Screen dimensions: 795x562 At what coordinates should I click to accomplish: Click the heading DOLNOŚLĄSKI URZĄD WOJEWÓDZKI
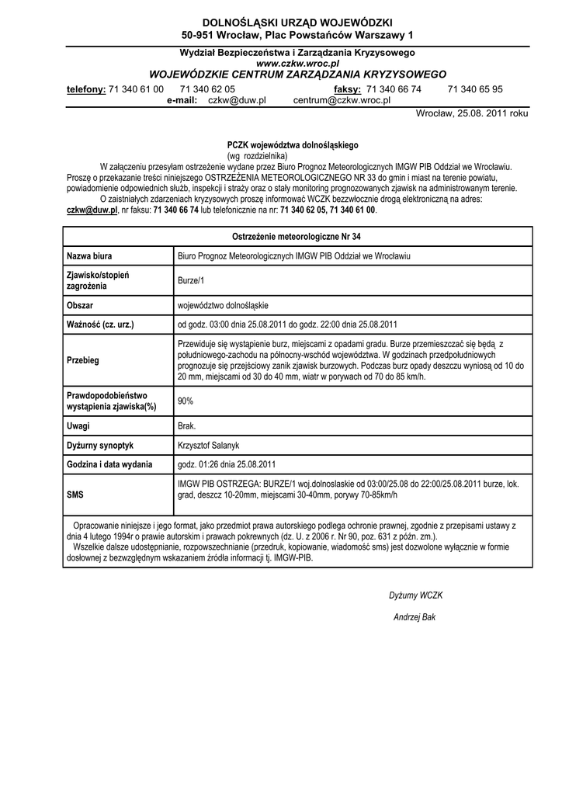click(x=298, y=23)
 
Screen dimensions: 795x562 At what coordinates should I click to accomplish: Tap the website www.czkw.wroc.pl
click(x=298, y=63)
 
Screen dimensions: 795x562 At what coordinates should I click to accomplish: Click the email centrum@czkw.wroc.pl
click(x=342, y=101)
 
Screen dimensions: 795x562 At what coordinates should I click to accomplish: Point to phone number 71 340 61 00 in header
click(x=136, y=89)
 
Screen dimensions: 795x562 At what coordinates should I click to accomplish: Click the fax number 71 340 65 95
click(x=475, y=89)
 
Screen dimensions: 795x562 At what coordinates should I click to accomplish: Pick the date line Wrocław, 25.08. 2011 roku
click(x=472, y=113)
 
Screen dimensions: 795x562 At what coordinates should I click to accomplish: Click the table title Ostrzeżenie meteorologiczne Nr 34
click(x=297, y=236)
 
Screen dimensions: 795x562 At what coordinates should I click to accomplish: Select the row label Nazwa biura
click(x=90, y=255)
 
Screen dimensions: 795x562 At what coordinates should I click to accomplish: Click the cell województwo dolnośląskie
click(x=224, y=305)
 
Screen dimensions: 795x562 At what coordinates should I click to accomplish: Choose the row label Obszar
click(x=80, y=305)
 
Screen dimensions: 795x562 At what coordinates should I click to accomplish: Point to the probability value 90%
click(x=186, y=401)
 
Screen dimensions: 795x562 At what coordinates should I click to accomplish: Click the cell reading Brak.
click(x=187, y=426)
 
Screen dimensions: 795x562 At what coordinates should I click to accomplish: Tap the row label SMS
click(x=75, y=494)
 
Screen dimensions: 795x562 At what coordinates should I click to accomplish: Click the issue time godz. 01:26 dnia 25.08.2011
click(x=227, y=464)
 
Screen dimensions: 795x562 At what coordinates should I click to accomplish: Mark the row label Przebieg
click(x=83, y=360)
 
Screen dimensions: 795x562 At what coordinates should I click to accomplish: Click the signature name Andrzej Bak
click(x=415, y=616)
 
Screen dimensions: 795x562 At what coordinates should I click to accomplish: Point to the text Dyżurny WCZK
click(x=415, y=595)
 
